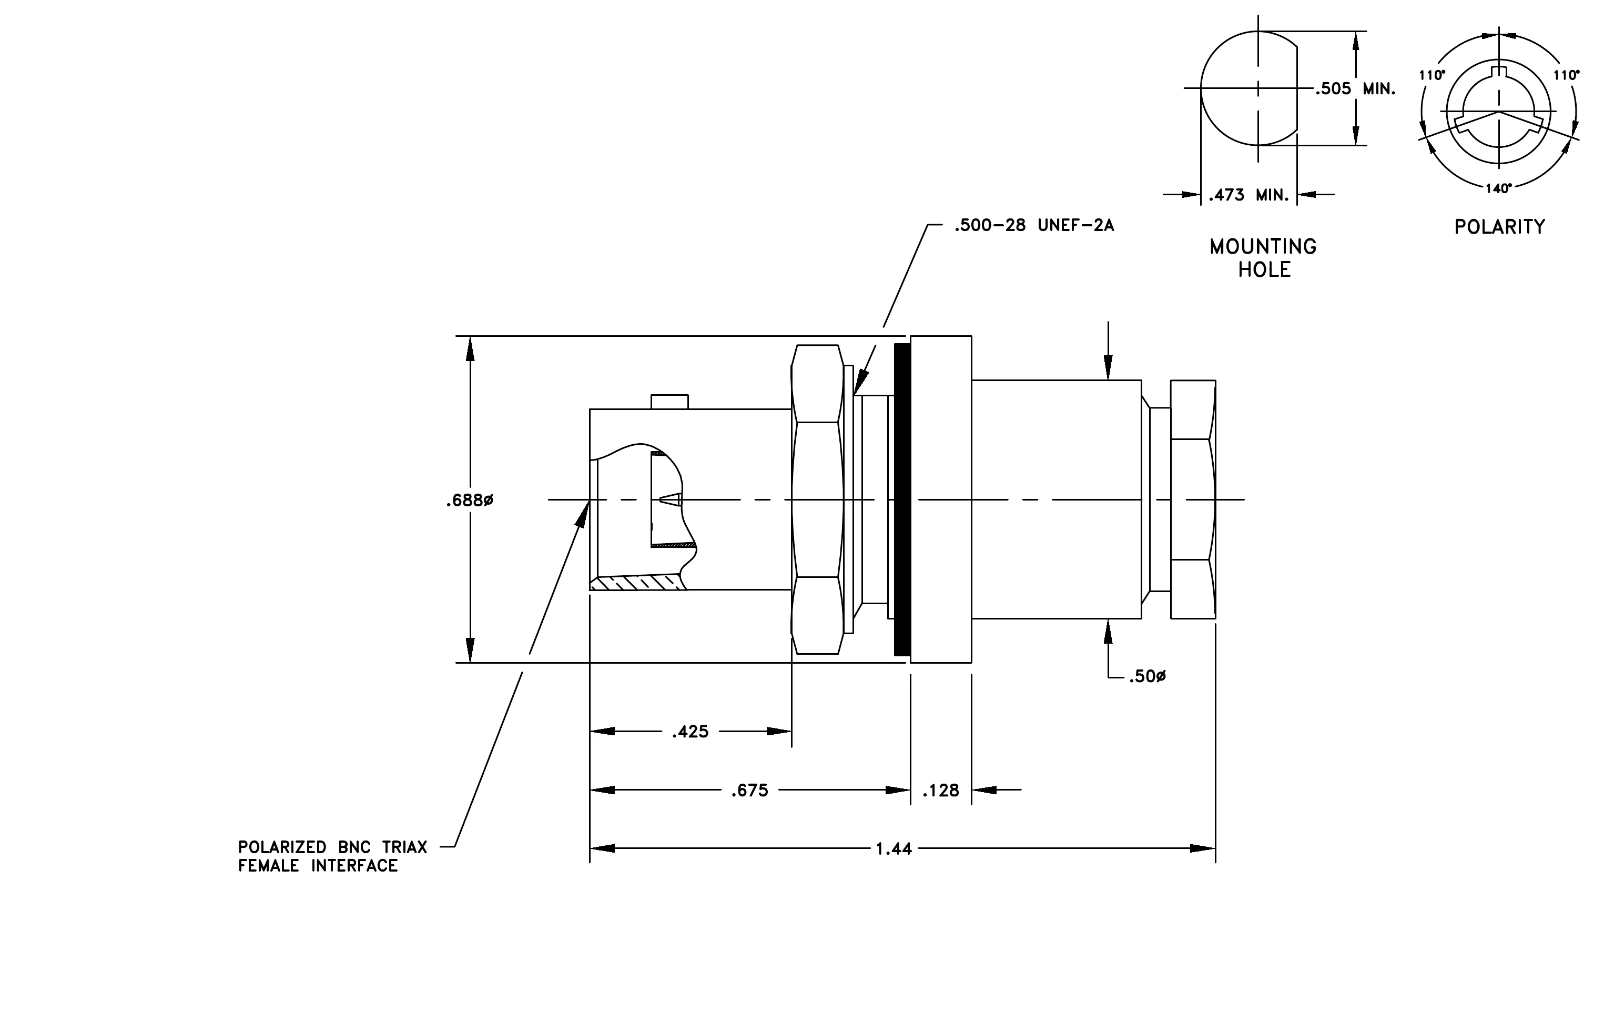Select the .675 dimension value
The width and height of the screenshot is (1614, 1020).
(x=749, y=791)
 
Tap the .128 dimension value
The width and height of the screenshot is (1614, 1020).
(x=941, y=791)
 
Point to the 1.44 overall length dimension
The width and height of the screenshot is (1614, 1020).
(x=894, y=849)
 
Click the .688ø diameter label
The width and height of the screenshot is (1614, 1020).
(x=469, y=501)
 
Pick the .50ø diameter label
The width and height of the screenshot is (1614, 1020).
(x=1148, y=677)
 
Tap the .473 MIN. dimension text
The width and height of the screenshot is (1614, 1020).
(x=1248, y=195)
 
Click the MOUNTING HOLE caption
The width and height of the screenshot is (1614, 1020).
(x=1263, y=258)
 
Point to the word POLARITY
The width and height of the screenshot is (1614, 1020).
(x=1500, y=227)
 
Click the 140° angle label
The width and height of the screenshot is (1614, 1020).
(x=1499, y=188)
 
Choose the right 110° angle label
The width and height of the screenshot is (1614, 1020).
(x=1567, y=75)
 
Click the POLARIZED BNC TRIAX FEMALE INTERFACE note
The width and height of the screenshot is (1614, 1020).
(x=332, y=856)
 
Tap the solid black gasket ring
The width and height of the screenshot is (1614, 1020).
(x=902, y=499)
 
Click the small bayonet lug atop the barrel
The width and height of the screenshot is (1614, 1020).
(x=669, y=402)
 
